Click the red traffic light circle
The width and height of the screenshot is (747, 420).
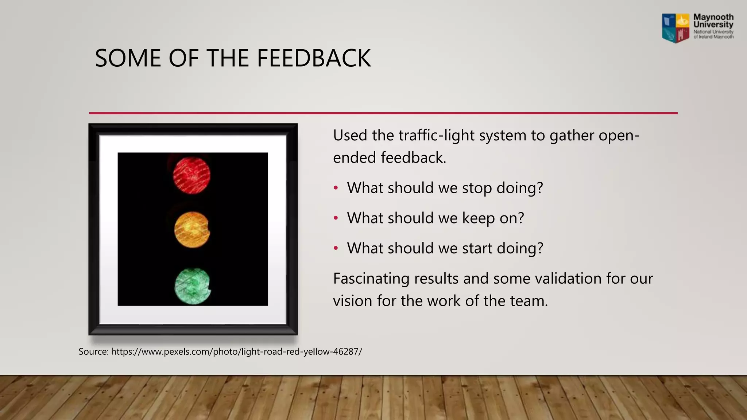[x=191, y=175]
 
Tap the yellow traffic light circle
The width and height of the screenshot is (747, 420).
[x=192, y=230]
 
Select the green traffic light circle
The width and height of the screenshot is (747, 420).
[x=192, y=286]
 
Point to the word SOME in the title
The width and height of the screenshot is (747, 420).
[x=128, y=58]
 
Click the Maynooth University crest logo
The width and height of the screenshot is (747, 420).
[x=676, y=28]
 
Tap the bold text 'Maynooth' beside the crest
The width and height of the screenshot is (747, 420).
[x=713, y=17]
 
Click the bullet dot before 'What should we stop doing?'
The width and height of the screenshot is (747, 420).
[x=336, y=188]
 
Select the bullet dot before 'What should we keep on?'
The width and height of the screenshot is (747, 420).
[x=336, y=218]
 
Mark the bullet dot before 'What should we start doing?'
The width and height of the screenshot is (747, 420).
[x=336, y=248]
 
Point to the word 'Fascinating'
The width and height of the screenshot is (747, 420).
[x=371, y=279]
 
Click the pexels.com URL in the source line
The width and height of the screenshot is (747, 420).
[x=236, y=352]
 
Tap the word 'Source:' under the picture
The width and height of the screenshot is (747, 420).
[x=93, y=352]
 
